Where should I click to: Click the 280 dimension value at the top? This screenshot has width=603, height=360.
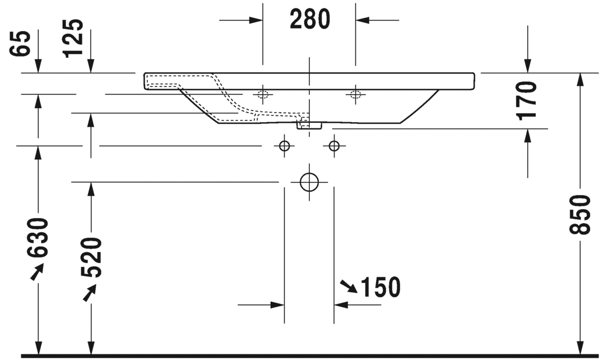(309, 20)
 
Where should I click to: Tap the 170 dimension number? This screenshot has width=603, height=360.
(527, 100)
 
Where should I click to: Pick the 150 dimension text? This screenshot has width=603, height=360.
(381, 288)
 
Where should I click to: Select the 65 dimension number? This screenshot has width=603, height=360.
(21, 43)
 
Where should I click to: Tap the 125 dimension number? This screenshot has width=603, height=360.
(73, 38)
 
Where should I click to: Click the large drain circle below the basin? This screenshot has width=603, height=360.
(309, 182)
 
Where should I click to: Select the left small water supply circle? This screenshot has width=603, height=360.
(285, 146)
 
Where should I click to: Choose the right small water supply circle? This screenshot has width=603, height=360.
(334, 146)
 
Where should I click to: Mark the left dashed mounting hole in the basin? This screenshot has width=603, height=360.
(262, 94)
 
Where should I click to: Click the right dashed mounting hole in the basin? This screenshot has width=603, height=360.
(354, 94)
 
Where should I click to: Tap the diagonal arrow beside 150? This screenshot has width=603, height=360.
(349, 287)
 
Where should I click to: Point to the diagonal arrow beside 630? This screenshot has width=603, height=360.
(36, 273)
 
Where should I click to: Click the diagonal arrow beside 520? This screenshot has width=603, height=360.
(90, 292)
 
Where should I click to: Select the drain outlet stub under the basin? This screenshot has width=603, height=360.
(309, 125)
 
